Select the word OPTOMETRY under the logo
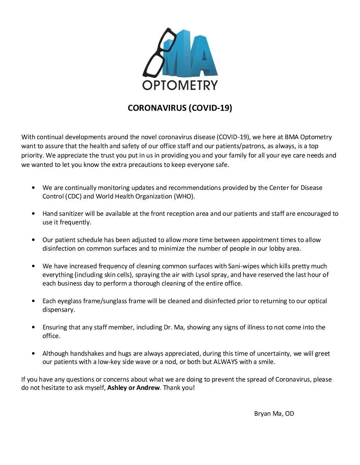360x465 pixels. [x=180, y=85]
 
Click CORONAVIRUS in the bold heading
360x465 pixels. [x=157, y=108]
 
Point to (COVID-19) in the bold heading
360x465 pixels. [x=211, y=108]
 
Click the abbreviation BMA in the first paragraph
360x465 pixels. [x=292, y=137]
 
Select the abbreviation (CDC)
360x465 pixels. [x=74, y=196]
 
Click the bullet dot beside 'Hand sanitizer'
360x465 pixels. [x=33, y=214]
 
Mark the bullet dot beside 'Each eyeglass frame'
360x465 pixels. [x=33, y=301]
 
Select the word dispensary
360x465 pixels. [x=58, y=310]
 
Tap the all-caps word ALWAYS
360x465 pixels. [x=225, y=362]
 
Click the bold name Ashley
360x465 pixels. [x=117, y=388]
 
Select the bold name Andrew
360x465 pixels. [x=148, y=388]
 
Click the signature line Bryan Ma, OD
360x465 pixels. [x=274, y=414]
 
